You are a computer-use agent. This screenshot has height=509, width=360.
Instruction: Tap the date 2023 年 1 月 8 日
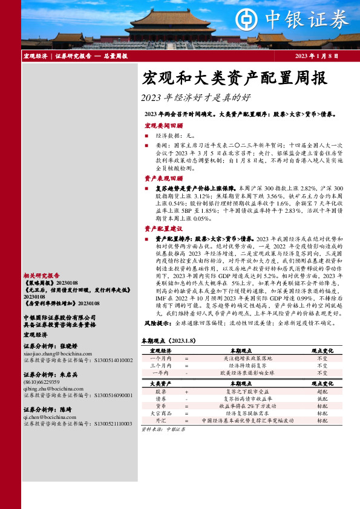[x=317, y=56]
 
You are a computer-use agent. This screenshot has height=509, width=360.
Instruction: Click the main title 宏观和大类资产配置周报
[x=234, y=78]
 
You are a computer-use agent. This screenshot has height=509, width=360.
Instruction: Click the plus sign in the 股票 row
[x=187, y=392]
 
